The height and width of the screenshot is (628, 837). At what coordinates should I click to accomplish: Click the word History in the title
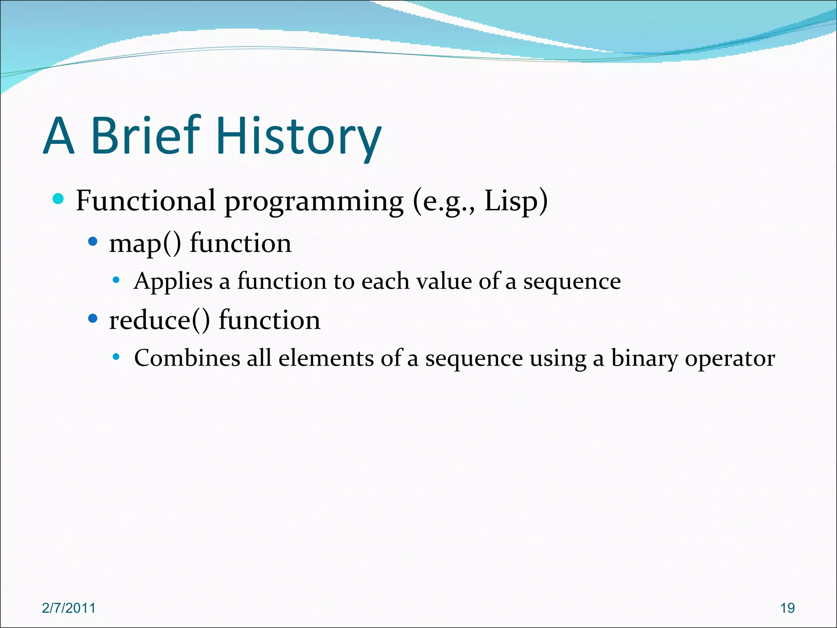(x=300, y=136)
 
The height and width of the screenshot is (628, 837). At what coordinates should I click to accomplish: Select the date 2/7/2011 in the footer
(x=69, y=608)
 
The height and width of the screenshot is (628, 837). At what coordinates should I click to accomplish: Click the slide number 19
(x=787, y=608)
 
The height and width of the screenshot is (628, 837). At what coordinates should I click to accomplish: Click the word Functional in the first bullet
(x=145, y=201)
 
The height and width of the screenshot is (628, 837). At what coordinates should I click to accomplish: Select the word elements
(x=326, y=358)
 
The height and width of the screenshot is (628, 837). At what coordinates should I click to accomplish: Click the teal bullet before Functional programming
(x=59, y=199)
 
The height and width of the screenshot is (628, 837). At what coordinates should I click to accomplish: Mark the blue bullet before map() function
(x=93, y=242)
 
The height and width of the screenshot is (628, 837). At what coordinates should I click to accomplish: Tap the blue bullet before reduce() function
(x=93, y=318)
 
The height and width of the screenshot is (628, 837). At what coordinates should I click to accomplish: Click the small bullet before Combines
(x=116, y=357)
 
